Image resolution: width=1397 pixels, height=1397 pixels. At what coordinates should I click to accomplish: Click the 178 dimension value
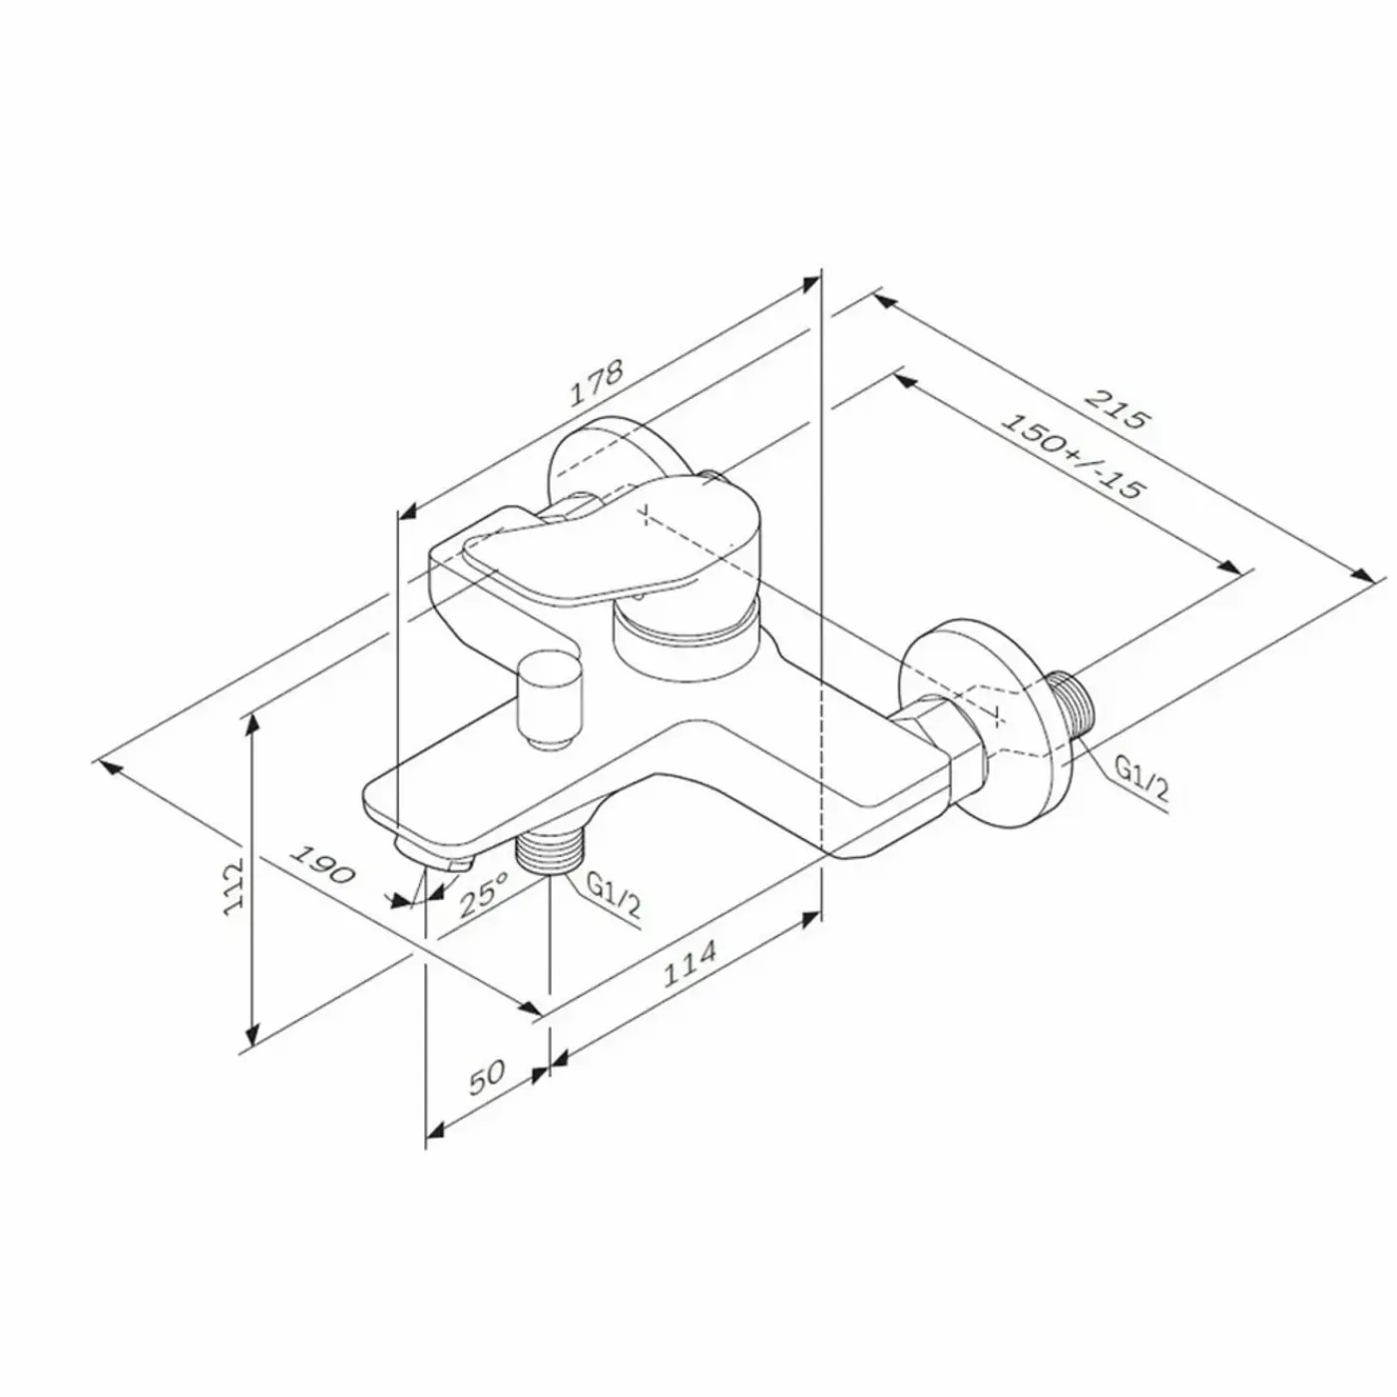click(x=596, y=383)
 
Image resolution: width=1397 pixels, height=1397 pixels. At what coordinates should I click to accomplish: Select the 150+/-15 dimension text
click(x=1073, y=457)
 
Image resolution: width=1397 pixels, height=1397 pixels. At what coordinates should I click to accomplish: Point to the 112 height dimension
click(x=234, y=887)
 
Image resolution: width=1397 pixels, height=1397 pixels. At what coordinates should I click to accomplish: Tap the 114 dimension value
click(x=690, y=964)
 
